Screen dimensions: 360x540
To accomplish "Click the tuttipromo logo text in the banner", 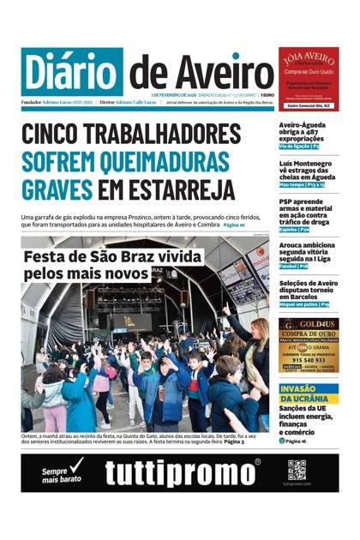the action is pyautogui.click(x=183, y=473).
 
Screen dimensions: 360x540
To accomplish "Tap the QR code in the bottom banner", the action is pyautogui.click(x=297, y=469).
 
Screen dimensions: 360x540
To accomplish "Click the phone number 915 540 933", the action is pyautogui.click(x=308, y=360).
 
